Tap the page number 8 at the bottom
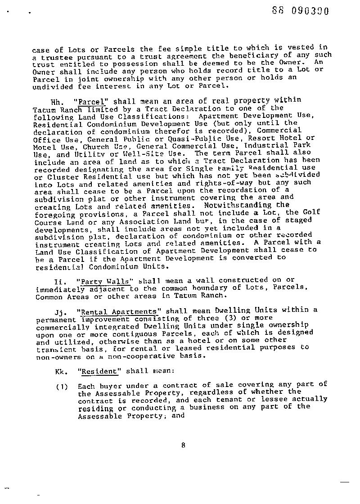pyautogui.click(x=183, y=445)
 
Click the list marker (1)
pyautogui.click(x=62, y=386)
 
